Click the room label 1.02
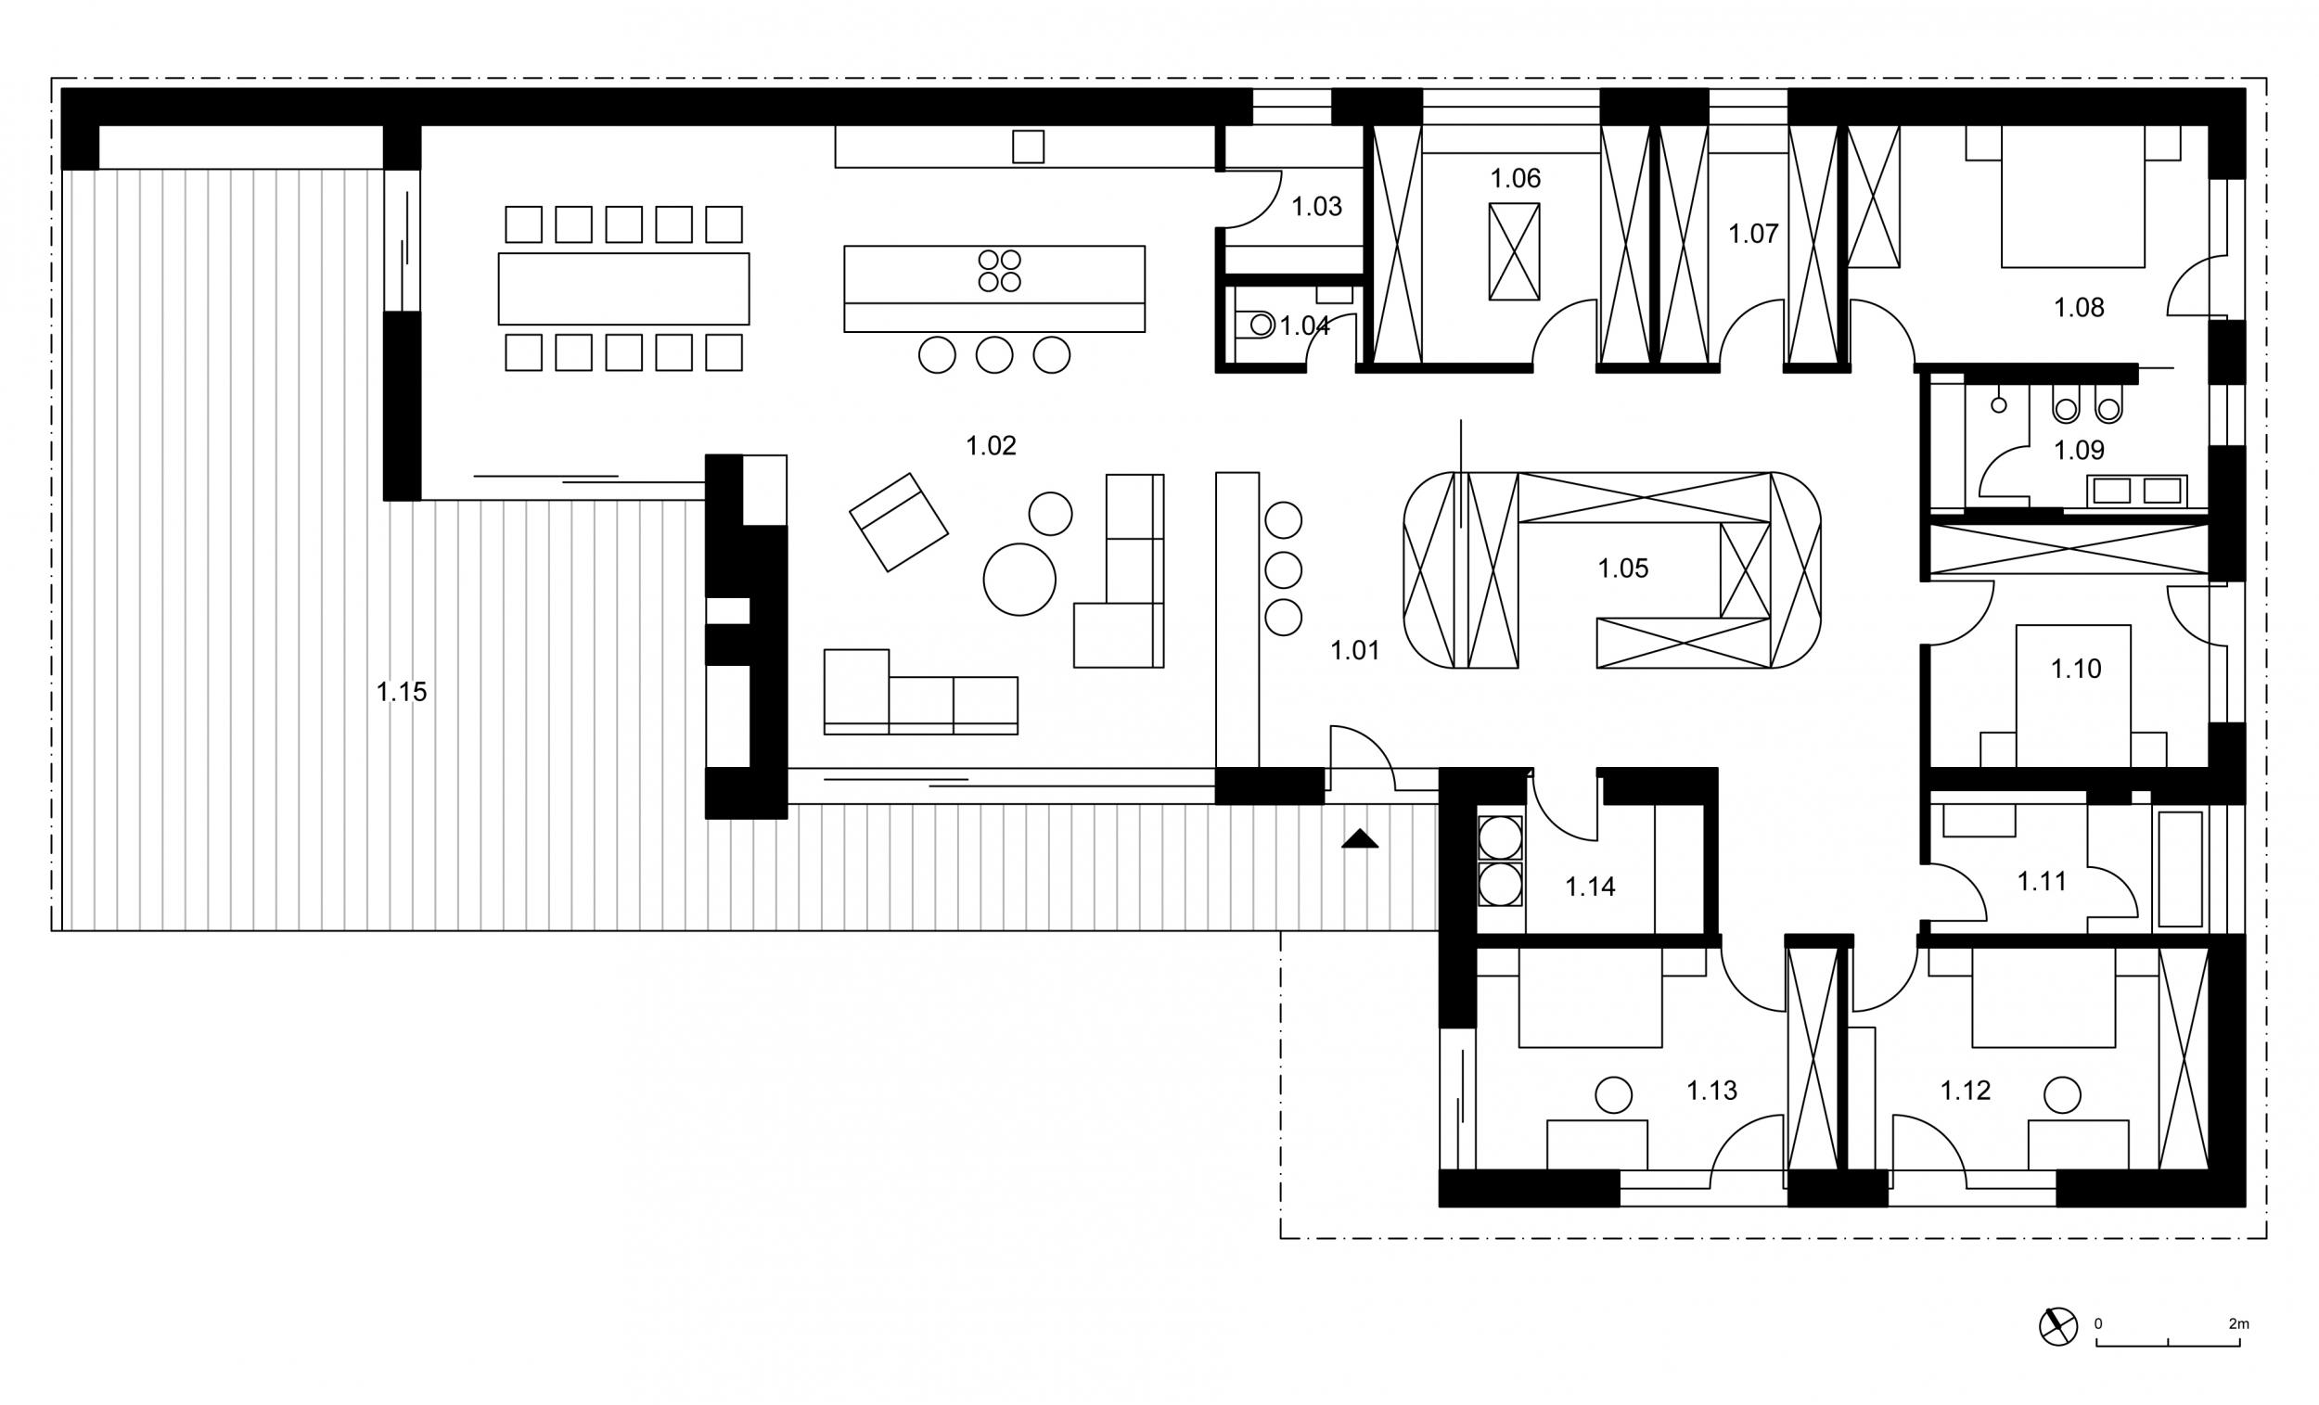[991, 445]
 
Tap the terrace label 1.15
[401, 692]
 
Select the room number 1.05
[1623, 568]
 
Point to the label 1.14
[1591, 886]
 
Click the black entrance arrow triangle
[1360, 838]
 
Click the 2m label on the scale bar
[2239, 1323]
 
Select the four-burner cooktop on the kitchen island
[1000, 271]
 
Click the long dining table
[624, 289]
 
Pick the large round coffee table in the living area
[1019, 580]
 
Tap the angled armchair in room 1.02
[899, 522]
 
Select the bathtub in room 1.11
[2181, 870]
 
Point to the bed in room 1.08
[2073, 196]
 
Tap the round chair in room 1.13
[1613, 1095]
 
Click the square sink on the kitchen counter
[1028, 147]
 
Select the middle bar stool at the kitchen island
[993, 355]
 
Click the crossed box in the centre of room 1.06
[1515, 252]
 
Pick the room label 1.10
[2076, 668]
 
